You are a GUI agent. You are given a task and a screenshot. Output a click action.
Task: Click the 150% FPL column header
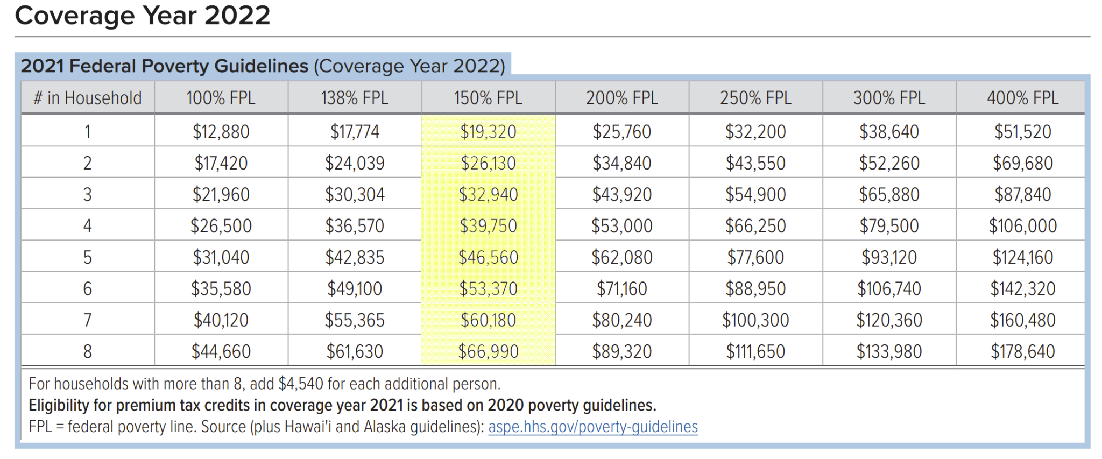(488, 98)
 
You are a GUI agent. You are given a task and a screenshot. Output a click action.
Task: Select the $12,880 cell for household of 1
(221, 132)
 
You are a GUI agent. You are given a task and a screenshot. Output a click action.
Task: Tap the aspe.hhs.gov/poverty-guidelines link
(592, 427)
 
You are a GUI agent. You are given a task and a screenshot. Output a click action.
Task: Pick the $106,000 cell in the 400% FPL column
(1022, 226)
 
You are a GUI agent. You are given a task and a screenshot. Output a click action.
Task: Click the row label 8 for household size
(88, 352)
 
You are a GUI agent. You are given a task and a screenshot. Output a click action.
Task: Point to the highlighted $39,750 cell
(488, 226)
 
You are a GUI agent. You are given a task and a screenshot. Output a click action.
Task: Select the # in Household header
(88, 98)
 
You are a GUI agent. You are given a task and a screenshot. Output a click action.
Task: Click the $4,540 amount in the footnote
(301, 384)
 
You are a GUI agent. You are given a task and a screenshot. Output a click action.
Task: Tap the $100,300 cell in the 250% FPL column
(755, 321)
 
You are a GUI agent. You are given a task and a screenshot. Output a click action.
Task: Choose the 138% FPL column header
(354, 98)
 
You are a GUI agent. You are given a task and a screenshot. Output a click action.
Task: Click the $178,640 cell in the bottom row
(1022, 352)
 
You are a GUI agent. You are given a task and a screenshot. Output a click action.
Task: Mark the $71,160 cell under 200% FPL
(621, 289)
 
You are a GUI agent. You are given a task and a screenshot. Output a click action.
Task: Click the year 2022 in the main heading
(237, 15)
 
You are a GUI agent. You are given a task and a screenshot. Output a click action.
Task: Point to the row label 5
(88, 258)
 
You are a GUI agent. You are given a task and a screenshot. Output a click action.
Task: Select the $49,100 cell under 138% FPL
(354, 289)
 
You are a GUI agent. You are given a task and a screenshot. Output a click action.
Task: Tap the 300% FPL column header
(888, 98)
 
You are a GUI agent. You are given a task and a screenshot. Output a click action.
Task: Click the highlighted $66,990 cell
(488, 352)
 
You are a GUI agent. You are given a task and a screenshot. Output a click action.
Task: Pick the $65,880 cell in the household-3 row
(888, 195)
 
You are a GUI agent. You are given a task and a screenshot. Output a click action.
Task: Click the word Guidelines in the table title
(261, 66)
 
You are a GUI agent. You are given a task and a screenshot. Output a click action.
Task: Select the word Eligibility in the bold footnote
(59, 405)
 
